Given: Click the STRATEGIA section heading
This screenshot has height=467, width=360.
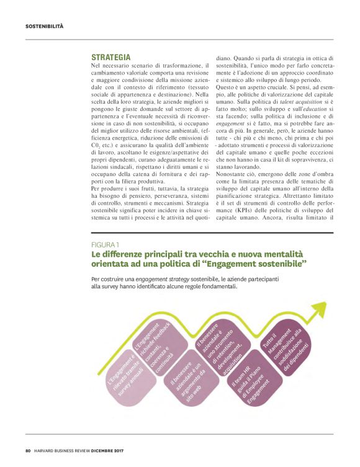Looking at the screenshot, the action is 110,57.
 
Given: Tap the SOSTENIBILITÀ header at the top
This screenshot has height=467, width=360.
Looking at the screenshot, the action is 44,26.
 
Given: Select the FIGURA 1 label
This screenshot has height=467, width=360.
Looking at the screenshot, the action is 106,245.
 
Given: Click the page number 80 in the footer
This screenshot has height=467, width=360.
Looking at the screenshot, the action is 28,450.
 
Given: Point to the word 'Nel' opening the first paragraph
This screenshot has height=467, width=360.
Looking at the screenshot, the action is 95,65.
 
